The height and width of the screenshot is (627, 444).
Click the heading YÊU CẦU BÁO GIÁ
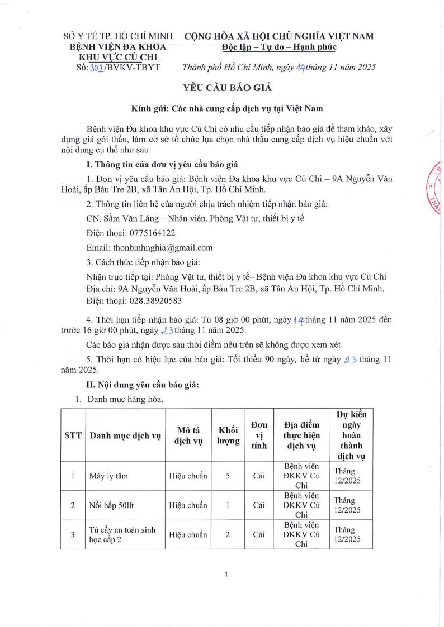click(x=222, y=87)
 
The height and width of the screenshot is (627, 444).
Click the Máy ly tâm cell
click(x=108, y=476)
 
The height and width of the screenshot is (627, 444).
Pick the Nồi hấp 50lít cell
click(x=112, y=505)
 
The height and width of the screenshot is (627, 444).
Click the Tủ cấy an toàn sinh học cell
click(x=122, y=534)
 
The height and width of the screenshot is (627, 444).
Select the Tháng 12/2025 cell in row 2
click(x=347, y=505)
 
